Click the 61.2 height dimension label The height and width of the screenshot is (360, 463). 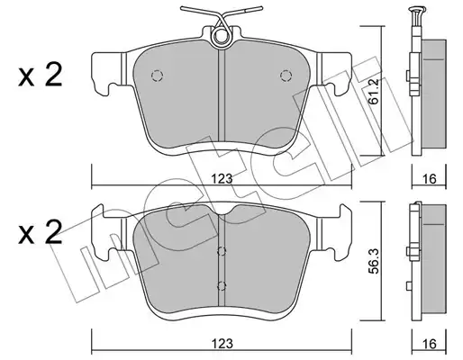(375, 91)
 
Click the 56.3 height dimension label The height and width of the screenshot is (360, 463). (375, 261)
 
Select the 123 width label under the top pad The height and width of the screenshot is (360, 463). (222, 179)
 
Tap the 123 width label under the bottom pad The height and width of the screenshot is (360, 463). (222, 344)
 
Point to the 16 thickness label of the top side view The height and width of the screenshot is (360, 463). (430, 179)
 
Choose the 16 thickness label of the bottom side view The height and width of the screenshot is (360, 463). (430, 344)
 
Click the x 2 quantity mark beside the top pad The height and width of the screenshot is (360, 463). (41, 76)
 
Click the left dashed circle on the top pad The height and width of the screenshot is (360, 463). (157, 76)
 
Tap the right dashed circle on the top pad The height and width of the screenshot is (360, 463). (286, 76)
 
